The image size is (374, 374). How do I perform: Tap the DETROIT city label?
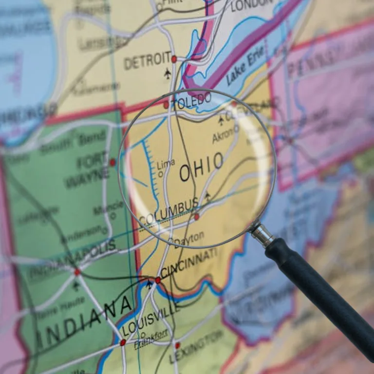(147, 61)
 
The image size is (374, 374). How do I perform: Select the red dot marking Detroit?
(174, 59)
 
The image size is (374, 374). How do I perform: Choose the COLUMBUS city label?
(168, 212)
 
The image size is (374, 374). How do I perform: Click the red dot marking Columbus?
(197, 217)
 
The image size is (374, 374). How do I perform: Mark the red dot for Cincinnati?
(158, 280)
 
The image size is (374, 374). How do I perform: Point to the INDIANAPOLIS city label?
(73, 257)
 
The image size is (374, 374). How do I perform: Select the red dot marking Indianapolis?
(77, 272)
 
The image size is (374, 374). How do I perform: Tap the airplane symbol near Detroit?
(168, 74)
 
